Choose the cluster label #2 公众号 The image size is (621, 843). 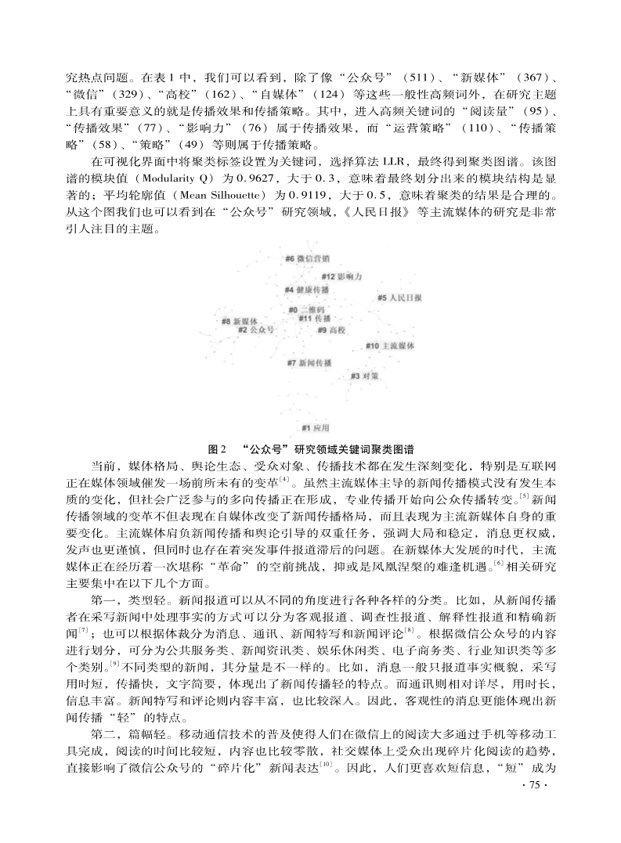256,330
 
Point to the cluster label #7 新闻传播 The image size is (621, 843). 310,362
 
